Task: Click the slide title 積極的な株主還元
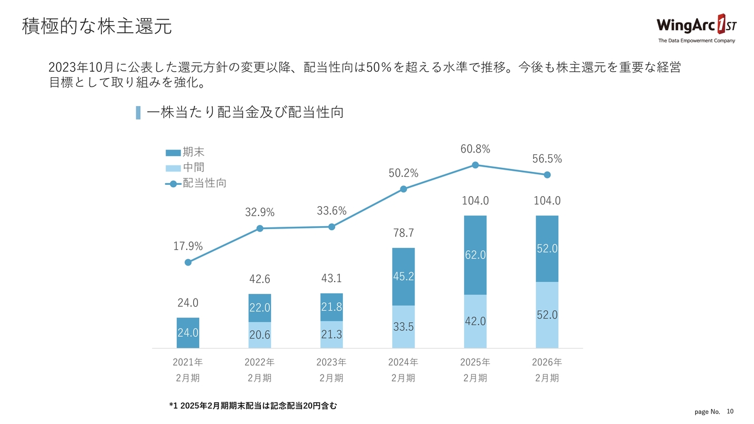pyautogui.click(x=97, y=26)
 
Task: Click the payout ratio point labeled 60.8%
pyautogui.click(x=475, y=165)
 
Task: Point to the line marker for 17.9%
pyautogui.click(x=188, y=263)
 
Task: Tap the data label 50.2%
pyautogui.click(x=404, y=173)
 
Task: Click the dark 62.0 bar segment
pyautogui.click(x=475, y=255)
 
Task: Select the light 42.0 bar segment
pyautogui.click(x=475, y=321)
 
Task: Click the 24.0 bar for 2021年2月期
pyautogui.click(x=188, y=333)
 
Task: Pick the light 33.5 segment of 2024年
pyautogui.click(x=404, y=326)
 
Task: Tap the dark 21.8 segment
pyautogui.click(x=332, y=307)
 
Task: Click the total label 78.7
pyautogui.click(x=404, y=234)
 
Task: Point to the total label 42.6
pyautogui.click(x=260, y=279)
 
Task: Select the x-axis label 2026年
pyautogui.click(x=547, y=362)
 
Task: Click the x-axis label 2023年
pyautogui.click(x=332, y=362)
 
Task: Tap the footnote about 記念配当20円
pyautogui.click(x=253, y=406)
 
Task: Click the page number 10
pyautogui.click(x=731, y=411)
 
